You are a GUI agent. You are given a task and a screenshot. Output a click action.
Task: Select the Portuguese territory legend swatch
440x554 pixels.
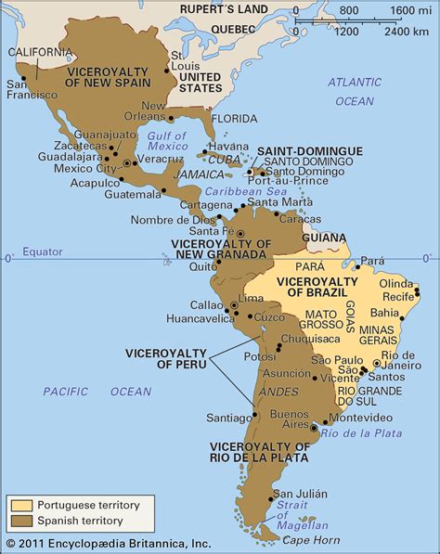[x=21, y=505]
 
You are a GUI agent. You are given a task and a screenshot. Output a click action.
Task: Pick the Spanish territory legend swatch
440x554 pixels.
[x=21, y=521]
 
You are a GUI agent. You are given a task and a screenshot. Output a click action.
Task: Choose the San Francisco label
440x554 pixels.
[x=26, y=89]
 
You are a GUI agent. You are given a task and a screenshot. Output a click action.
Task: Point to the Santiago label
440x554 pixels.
[x=227, y=418]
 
